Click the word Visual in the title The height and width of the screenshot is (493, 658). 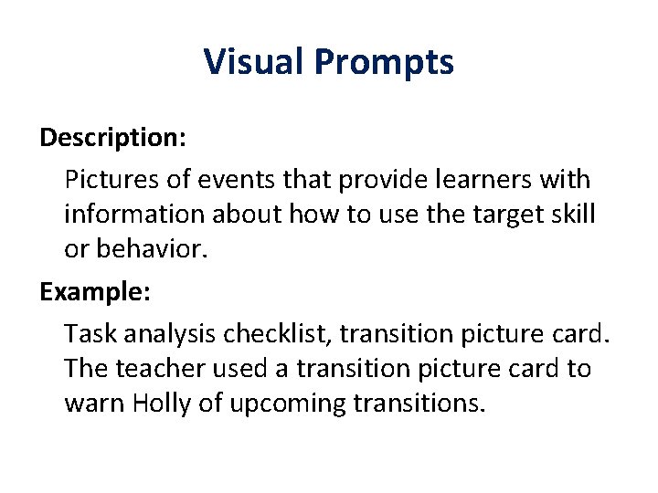[x=253, y=62]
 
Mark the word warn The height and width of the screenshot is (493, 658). [x=93, y=404]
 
